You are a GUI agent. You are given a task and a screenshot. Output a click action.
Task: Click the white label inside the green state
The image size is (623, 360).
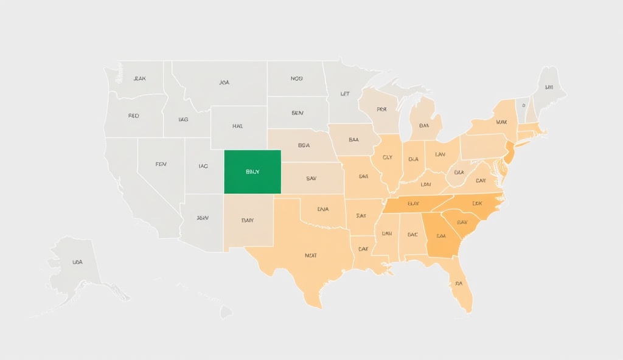(252, 172)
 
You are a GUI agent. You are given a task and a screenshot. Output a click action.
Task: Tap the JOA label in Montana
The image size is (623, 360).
(224, 82)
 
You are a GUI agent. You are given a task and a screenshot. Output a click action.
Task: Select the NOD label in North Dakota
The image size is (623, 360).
(296, 78)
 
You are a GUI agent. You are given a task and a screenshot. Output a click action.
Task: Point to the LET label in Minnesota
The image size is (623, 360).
(345, 94)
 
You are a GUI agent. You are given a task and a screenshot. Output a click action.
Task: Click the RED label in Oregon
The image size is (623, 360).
(134, 116)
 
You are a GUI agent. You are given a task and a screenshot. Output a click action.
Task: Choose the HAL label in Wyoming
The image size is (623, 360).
(237, 126)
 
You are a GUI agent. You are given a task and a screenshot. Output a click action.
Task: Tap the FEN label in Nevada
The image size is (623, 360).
(161, 164)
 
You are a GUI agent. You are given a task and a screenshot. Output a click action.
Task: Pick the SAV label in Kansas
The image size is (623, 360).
(311, 179)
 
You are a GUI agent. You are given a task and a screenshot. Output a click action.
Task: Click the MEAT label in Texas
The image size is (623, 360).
(310, 255)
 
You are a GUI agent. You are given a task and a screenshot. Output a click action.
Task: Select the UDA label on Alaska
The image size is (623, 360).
(77, 262)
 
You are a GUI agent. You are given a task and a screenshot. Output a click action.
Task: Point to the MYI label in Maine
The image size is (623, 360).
(549, 88)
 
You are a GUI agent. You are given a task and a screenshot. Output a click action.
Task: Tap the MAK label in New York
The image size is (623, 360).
(501, 122)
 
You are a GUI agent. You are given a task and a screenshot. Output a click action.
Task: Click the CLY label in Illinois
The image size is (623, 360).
(388, 157)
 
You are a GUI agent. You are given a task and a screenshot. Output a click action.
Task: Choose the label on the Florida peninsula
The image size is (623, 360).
(458, 283)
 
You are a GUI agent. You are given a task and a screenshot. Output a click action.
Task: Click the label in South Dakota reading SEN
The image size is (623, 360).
(297, 113)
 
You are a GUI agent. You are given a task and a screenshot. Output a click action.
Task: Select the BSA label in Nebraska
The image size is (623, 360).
(304, 146)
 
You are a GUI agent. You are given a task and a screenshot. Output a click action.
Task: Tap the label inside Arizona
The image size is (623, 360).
(203, 218)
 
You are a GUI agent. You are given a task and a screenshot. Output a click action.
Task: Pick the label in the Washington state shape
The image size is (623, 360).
(139, 79)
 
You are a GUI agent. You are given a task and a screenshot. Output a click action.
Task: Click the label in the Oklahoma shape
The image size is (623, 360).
(323, 209)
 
